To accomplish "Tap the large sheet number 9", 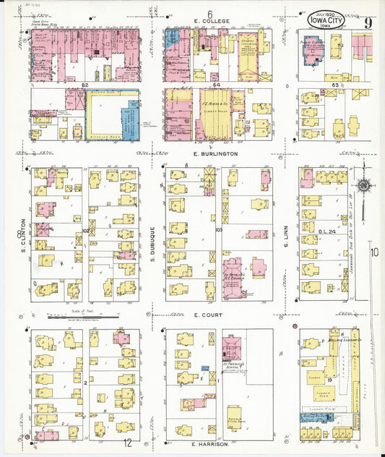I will pyautogui.click(x=368, y=22).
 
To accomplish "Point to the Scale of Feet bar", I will pyautogui.click(x=82, y=317).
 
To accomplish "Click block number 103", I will pyautogui.click(x=219, y=229).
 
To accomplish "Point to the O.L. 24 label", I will pyautogui.click(x=327, y=231).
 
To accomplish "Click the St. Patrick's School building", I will pyautogui.click(x=232, y=347).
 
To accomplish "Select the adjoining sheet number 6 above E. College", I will pyautogui.click(x=209, y=13).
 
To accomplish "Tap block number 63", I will pyautogui.click(x=334, y=85).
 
